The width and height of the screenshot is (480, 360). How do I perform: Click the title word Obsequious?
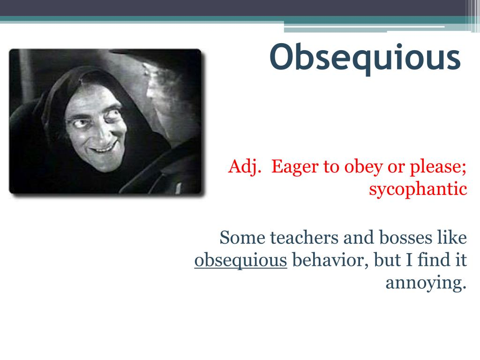[x=365, y=58]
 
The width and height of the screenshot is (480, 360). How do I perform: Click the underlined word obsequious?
[x=240, y=261]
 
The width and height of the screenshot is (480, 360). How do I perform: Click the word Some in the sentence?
[x=242, y=238]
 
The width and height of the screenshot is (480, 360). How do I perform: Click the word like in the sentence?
[x=452, y=237]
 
